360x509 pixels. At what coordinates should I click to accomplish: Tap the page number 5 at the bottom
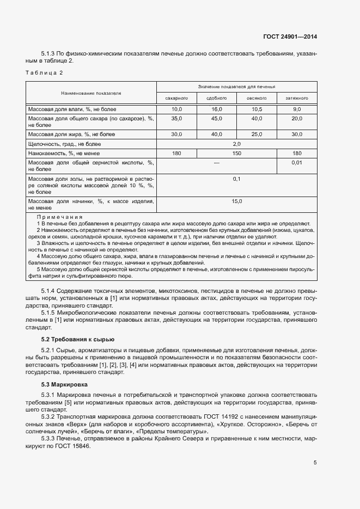pyautogui.click(x=315, y=463)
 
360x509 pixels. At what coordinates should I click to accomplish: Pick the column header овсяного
pyautogui.click(x=257, y=99)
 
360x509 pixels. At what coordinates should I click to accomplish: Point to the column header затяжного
pyautogui.click(x=297, y=99)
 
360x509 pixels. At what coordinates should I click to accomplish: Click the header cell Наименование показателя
pyautogui.click(x=91, y=93)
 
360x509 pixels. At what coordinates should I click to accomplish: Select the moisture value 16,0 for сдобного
pyautogui.click(x=217, y=110)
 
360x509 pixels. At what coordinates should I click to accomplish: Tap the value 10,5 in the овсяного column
pyautogui.click(x=257, y=110)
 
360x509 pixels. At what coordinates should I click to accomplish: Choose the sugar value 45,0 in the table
pyautogui.click(x=217, y=119)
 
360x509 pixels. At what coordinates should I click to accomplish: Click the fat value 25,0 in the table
pyautogui.click(x=257, y=134)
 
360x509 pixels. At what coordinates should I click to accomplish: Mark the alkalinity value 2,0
pyautogui.click(x=236, y=144)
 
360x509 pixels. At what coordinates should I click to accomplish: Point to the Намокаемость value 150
pyautogui.click(x=236, y=154)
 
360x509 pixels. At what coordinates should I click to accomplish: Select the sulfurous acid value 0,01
pyautogui.click(x=297, y=163)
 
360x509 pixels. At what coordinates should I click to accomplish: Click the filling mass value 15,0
pyautogui.click(x=236, y=201)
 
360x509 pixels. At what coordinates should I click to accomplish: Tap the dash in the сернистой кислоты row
pyautogui.click(x=216, y=163)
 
